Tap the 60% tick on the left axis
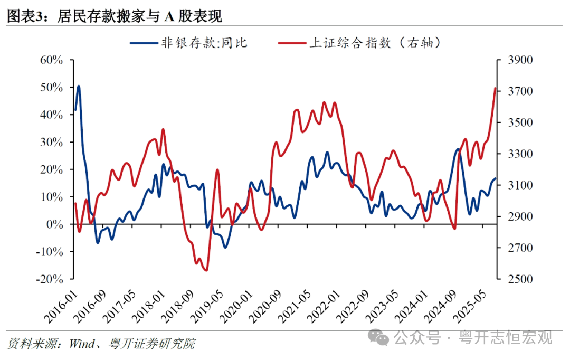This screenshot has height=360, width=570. pyautogui.click(x=52, y=60)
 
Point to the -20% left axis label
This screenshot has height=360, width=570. pyautogui.click(x=50, y=279)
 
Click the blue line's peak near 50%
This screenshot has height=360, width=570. pyautogui.click(x=79, y=86)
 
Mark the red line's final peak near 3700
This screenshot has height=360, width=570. pyautogui.click(x=495, y=89)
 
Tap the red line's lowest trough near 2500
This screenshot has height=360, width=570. pyautogui.click(x=206, y=270)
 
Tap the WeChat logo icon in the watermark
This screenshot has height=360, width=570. pyautogui.click(x=379, y=336)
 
